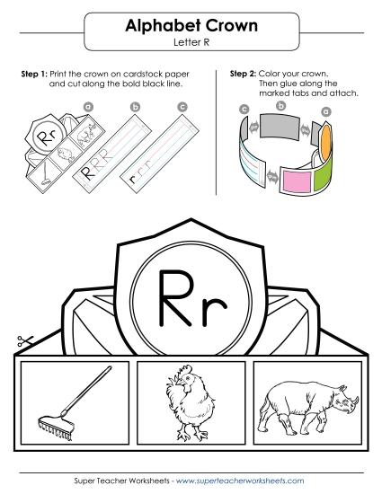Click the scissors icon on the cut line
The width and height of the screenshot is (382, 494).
click(x=22, y=342)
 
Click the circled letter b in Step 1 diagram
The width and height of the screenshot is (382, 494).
click(x=136, y=107)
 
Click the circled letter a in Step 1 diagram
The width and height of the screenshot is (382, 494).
click(x=88, y=106)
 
